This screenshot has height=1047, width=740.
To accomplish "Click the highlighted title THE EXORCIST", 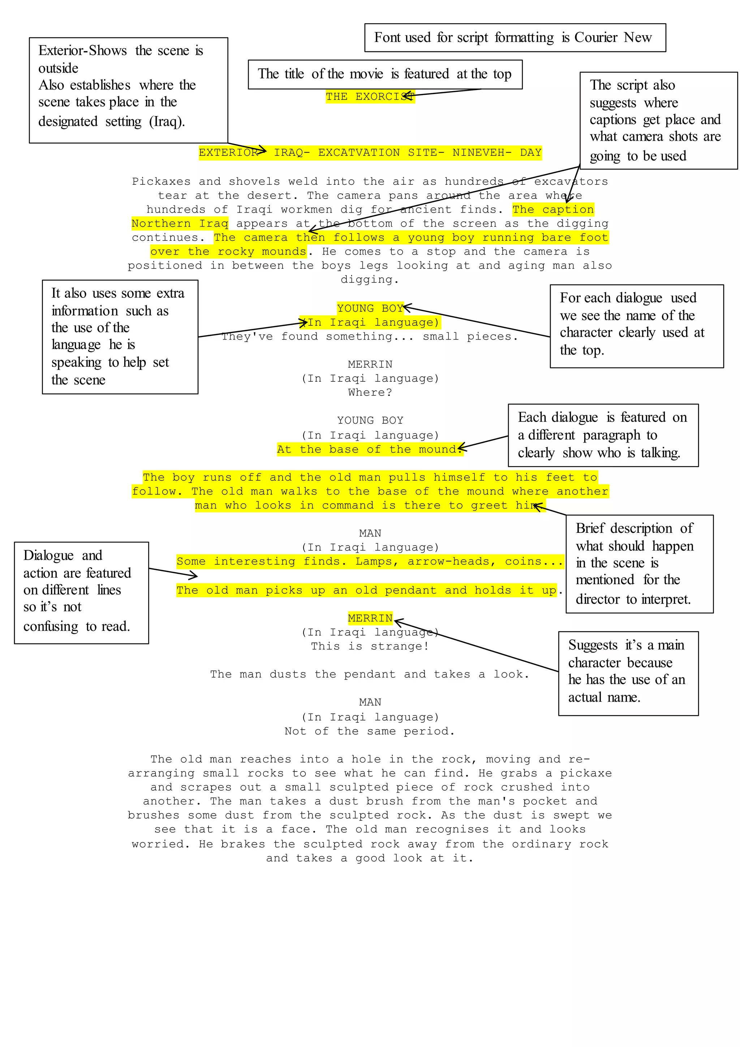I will (x=370, y=97).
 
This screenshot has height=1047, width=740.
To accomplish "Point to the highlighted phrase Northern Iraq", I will (x=180, y=223).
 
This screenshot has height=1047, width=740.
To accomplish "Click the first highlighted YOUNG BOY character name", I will (x=370, y=308).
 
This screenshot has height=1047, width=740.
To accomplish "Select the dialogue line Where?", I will (x=370, y=393).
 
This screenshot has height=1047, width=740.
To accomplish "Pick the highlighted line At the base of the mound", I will (x=370, y=450).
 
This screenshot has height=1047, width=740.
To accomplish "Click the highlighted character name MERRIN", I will (x=370, y=618).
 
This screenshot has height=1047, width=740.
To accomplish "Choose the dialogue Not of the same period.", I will (x=370, y=731).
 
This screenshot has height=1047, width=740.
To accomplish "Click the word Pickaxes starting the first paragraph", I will (x=161, y=181).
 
